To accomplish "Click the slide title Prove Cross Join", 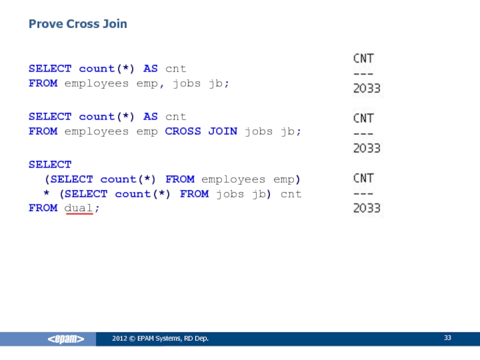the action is coord(78,25).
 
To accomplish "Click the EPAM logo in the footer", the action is coord(66,340).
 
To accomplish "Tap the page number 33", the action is coord(448,339).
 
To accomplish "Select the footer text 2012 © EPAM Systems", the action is coord(160,340).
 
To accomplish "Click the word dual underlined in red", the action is coord(78,208).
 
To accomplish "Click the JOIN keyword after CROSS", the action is coord(223,131).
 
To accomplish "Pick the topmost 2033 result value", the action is coord(366,89).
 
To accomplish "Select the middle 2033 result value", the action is coord(366,148).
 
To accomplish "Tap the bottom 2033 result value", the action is coord(366,208).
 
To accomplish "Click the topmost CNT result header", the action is coord(362,59).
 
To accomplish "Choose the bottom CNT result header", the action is coord(362,178).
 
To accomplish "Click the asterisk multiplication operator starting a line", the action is coord(46,194).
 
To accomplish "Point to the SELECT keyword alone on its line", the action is coord(50,164).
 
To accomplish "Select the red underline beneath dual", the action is coord(78,214).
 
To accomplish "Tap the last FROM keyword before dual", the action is coord(43,208).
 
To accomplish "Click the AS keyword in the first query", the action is coord(151,68).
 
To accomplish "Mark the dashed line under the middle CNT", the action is coord(362,134).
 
